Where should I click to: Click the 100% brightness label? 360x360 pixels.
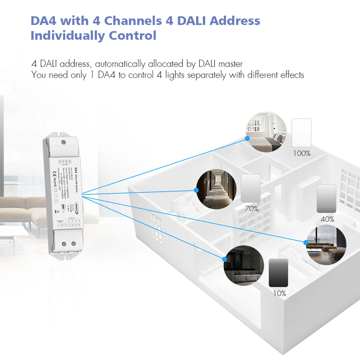click(302, 153)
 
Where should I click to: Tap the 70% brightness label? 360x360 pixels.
click(251, 209)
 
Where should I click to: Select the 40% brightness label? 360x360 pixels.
click(327, 219)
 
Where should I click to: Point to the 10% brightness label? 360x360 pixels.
click(279, 293)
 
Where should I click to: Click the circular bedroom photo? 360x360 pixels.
click(266, 131)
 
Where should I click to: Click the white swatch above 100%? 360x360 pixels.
click(301, 132)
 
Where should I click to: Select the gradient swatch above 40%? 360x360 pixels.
click(326, 199)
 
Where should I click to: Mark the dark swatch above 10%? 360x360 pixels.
click(278, 273)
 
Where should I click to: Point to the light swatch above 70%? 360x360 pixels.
click(250, 188)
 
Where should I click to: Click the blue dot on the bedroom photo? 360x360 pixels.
click(248, 138)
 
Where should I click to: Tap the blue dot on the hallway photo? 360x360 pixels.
click(197, 190)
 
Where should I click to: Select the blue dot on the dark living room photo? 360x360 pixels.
click(225, 258)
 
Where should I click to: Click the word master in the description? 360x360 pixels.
click(230, 64)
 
